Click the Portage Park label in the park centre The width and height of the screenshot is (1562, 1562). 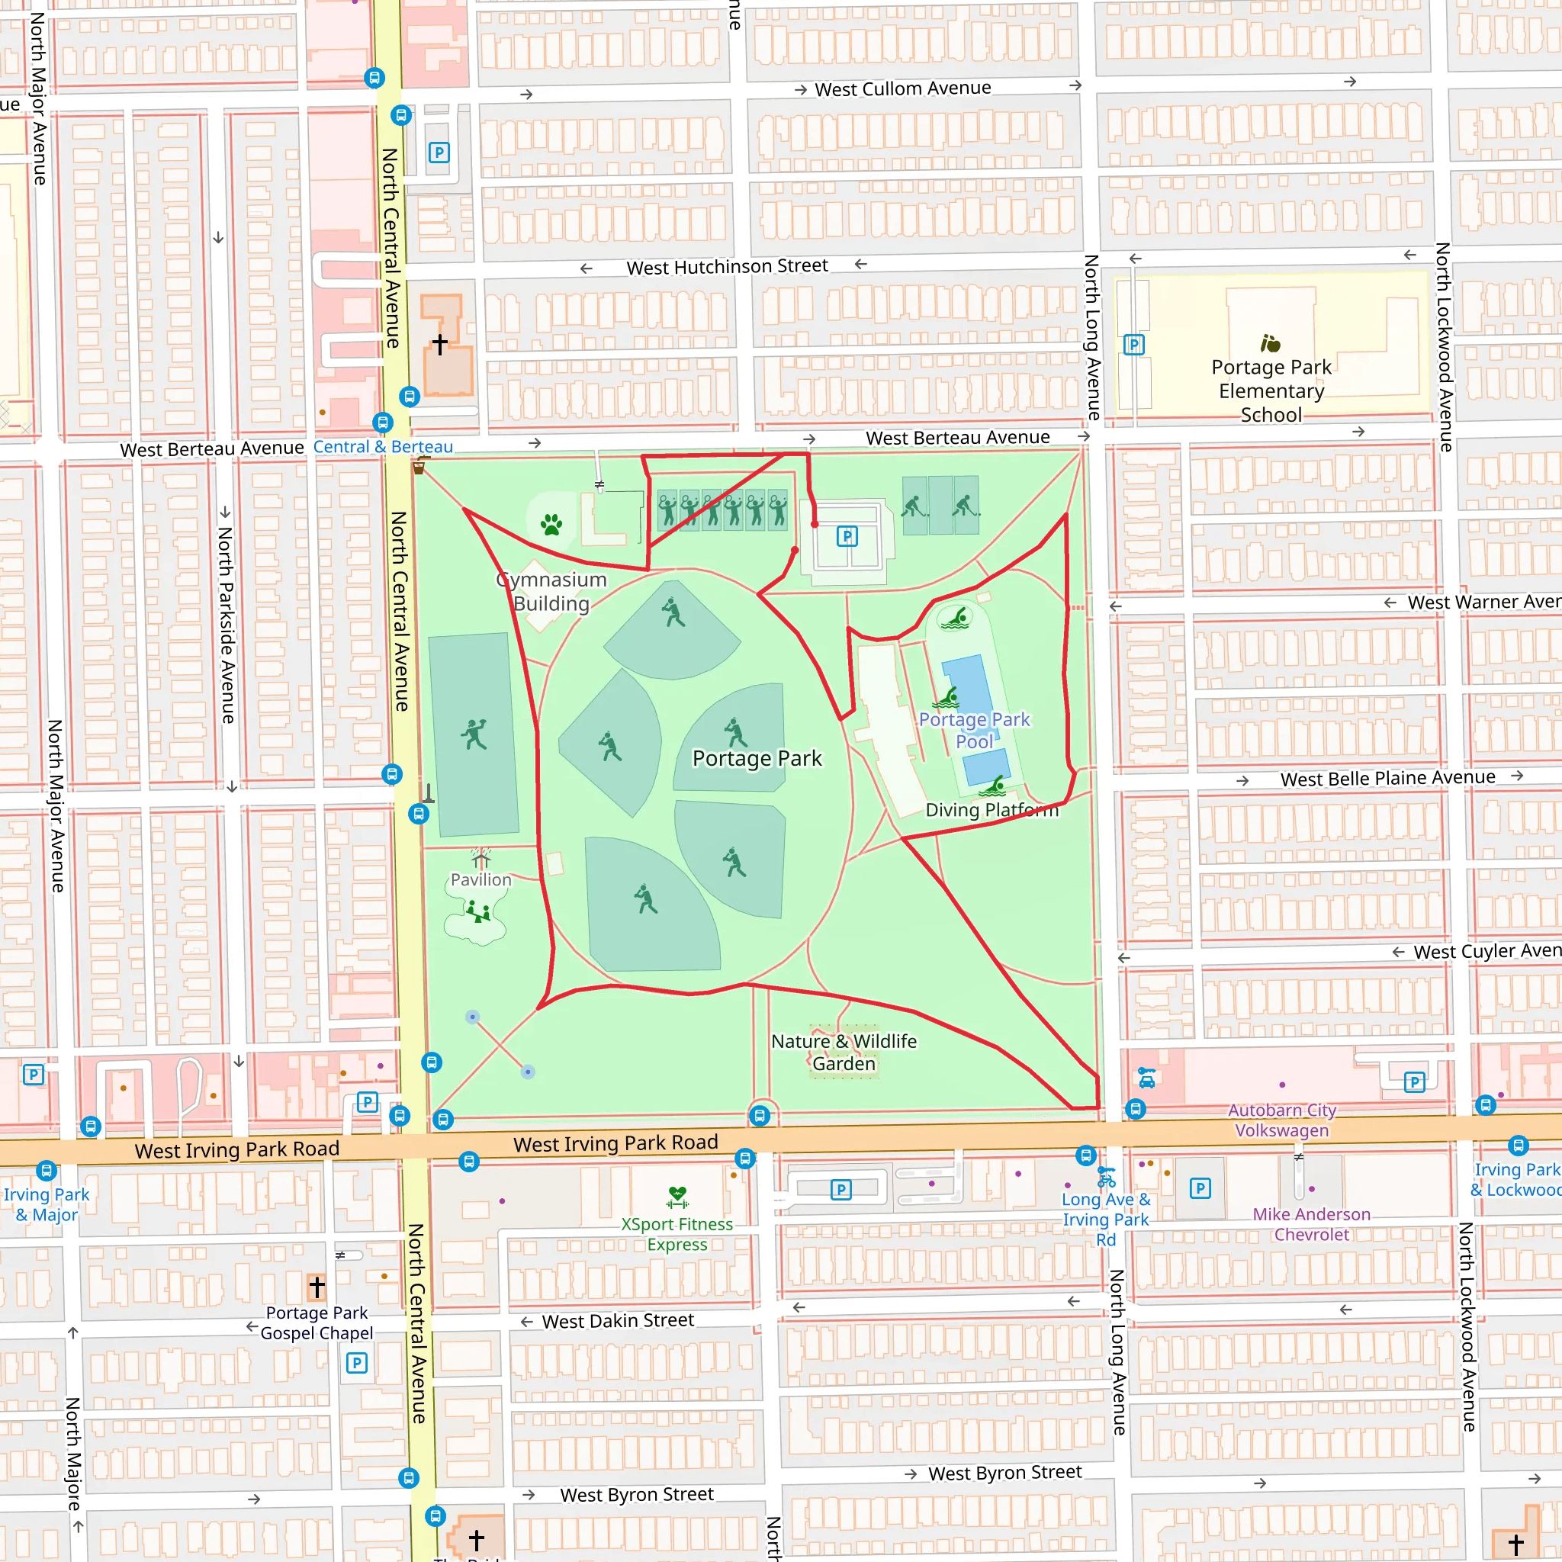tap(757, 758)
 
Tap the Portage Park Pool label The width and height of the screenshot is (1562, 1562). tap(974, 730)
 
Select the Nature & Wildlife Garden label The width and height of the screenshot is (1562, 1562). tap(844, 1052)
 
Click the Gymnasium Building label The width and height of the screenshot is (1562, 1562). tap(551, 591)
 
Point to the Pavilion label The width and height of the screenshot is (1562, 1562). tap(480, 879)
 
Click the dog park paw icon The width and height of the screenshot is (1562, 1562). tap(551, 525)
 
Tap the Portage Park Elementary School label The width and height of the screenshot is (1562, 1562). tap(1271, 390)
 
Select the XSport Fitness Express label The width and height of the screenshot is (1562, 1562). tap(677, 1234)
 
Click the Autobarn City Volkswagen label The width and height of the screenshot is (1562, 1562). tap(1281, 1120)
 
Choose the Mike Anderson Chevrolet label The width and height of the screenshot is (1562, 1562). tap(1311, 1224)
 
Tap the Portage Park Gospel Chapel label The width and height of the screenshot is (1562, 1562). tap(317, 1323)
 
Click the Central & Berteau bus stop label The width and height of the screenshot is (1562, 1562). tap(382, 446)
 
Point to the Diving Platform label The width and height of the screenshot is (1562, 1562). tap(992, 809)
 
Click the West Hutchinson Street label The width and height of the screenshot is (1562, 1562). tap(727, 266)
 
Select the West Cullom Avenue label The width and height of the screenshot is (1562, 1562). tap(902, 88)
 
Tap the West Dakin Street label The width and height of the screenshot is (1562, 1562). tap(618, 1320)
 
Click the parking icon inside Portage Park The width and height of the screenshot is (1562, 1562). tap(847, 536)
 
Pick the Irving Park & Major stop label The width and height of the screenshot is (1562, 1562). tap(46, 1204)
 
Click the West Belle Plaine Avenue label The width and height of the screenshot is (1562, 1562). tap(1387, 778)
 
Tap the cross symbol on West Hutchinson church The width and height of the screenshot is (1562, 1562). tap(440, 344)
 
